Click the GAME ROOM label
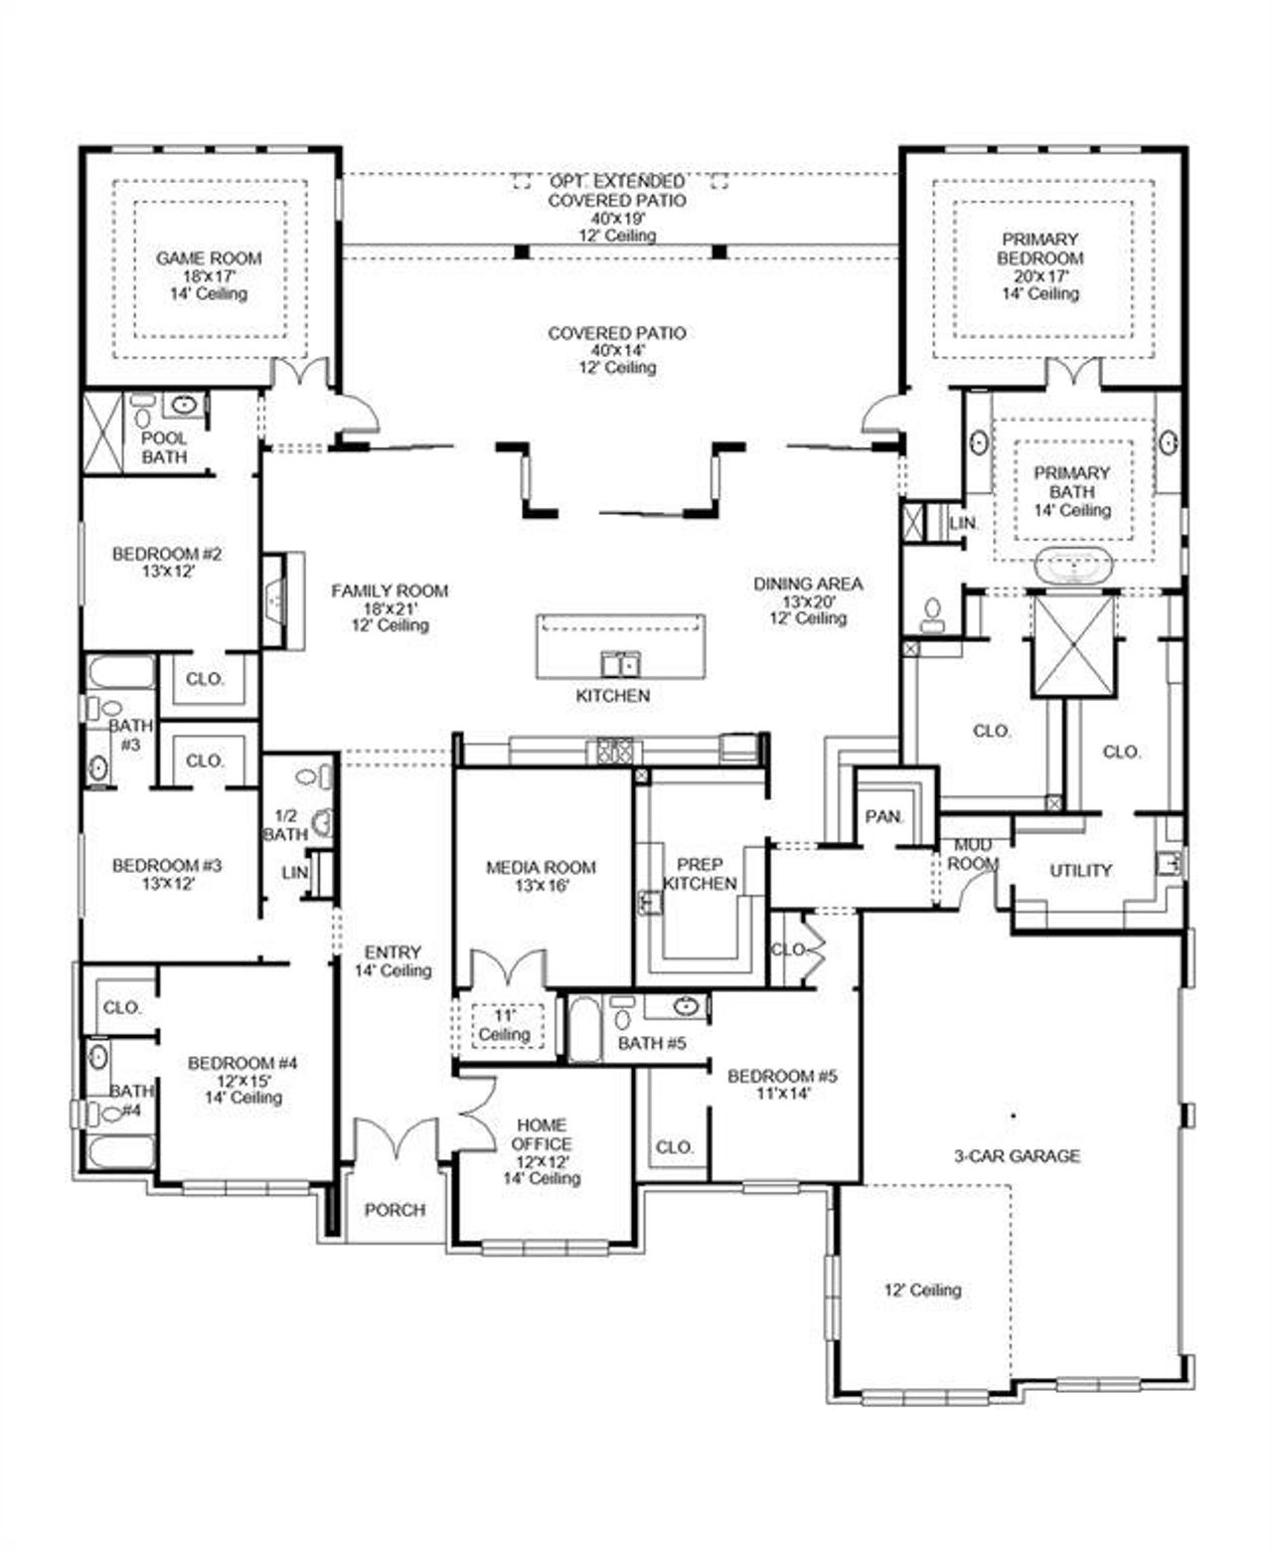[x=209, y=259]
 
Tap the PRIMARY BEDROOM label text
[x=1039, y=249]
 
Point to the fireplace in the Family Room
[x=275, y=601]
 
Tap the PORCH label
[x=395, y=1210]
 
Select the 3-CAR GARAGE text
[x=1017, y=1156]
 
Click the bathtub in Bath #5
[x=583, y=1029]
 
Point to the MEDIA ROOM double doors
[x=507, y=970]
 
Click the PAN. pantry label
[x=883, y=816]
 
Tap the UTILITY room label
[x=1080, y=871]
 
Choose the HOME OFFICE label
[x=542, y=1134]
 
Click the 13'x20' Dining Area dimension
[x=808, y=602]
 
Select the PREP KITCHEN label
[x=700, y=874]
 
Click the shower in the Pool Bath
[x=101, y=432]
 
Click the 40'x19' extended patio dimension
[x=617, y=218]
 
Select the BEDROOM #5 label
[x=782, y=1076]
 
